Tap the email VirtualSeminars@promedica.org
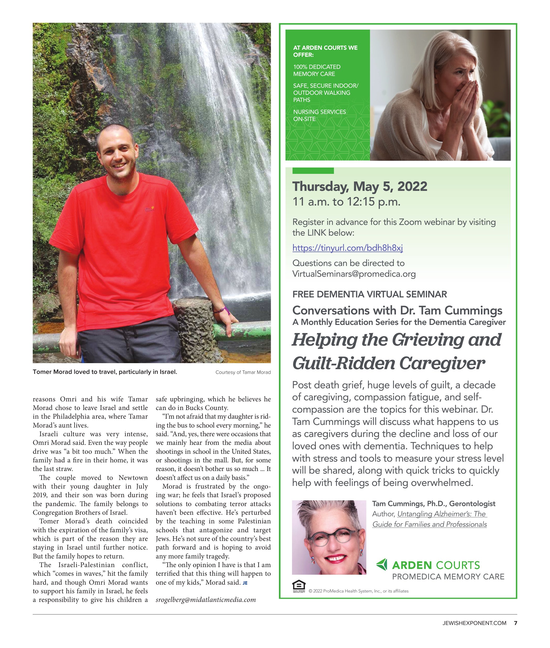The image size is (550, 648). pyautogui.click(x=354, y=274)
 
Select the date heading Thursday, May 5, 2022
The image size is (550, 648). pyautogui.click(x=360, y=186)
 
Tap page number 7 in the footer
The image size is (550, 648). pyautogui.click(x=515, y=623)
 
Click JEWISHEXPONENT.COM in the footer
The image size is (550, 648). pyautogui.click(x=474, y=623)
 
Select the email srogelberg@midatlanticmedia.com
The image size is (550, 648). pyautogui.click(x=206, y=600)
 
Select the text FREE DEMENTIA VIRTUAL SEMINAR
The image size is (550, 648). pyautogui.click(x=370, y=294)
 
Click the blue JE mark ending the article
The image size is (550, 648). pyautogui.click(x=245, y=583)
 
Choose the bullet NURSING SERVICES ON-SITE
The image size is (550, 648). pyautogui.click(x=319, y=115)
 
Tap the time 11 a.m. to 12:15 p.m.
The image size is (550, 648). pyautogui.click(x=346, y=202)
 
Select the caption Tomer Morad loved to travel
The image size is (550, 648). pyautogui.click(x=105, y=372)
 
